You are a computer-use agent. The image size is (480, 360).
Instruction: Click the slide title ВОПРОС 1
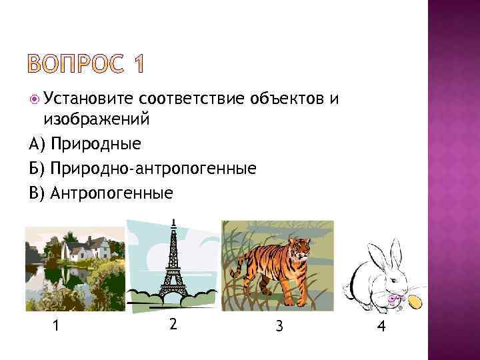point(86,64)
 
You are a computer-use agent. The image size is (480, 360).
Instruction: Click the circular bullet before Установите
point(35,100)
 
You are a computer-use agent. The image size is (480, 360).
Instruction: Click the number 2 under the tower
point(173,324)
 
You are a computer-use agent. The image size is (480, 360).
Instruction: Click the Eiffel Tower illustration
point(174,267)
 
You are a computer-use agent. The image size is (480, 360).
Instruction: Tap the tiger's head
point(302,248)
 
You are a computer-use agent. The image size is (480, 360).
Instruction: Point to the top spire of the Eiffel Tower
point(173,221)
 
